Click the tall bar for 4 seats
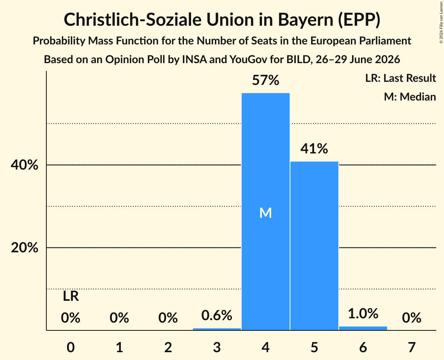pyautogui.click(x=265, y=212)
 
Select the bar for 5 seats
pyautogui.click(x=314, y=246)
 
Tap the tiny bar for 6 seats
pyautogui.click(x=363, y=328)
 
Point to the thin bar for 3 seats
pyautogui.click(x=217, y=329)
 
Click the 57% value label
pyautogui.click(x=265, y=80)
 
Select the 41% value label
pyautogui.click(x=314, y=148)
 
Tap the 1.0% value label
pyautogui.click(x=363, y=314)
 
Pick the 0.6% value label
pyautogui.click(x=217, y=315)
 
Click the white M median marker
pyautogui.click(x=265, y=213)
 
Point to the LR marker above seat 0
pyautogui.click(x=71, y=296)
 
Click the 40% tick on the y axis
pyautogui.click(x=24, y=165)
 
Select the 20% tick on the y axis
pyautogui.click(x=24, y=248)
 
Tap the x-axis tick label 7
pyautogui.click(x=412, y=347)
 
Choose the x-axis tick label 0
pyautogui.click(x=71, y=347)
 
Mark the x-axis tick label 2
pyautogui.click(x=168, y=347)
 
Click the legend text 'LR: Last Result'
pyautogui.click(x=400, y=78)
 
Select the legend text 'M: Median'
pyautogui.click(x=410, y=97)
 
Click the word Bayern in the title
pyautogui.click(x=306, y=20)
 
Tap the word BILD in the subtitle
pyautogui.click(x=298, y=60)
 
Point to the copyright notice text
pyautogui.click(x=441, y=22)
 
